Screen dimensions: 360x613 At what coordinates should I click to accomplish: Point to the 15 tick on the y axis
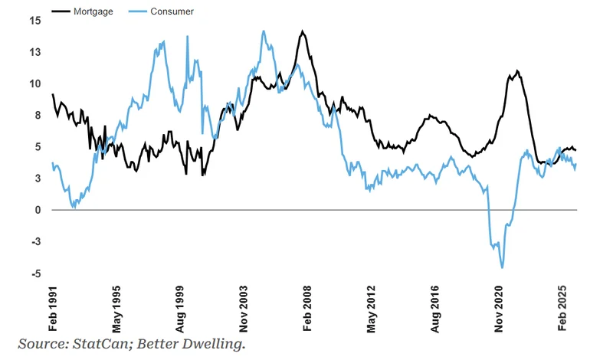pos(35,20)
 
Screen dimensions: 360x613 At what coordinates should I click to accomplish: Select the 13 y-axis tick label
pos(35,52)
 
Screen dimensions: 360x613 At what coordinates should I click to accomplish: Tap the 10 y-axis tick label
pos(35,83)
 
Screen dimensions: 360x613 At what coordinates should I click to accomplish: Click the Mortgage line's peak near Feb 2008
pos(303,31)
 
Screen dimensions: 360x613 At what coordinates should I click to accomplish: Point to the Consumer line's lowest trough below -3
pos(503,267)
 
